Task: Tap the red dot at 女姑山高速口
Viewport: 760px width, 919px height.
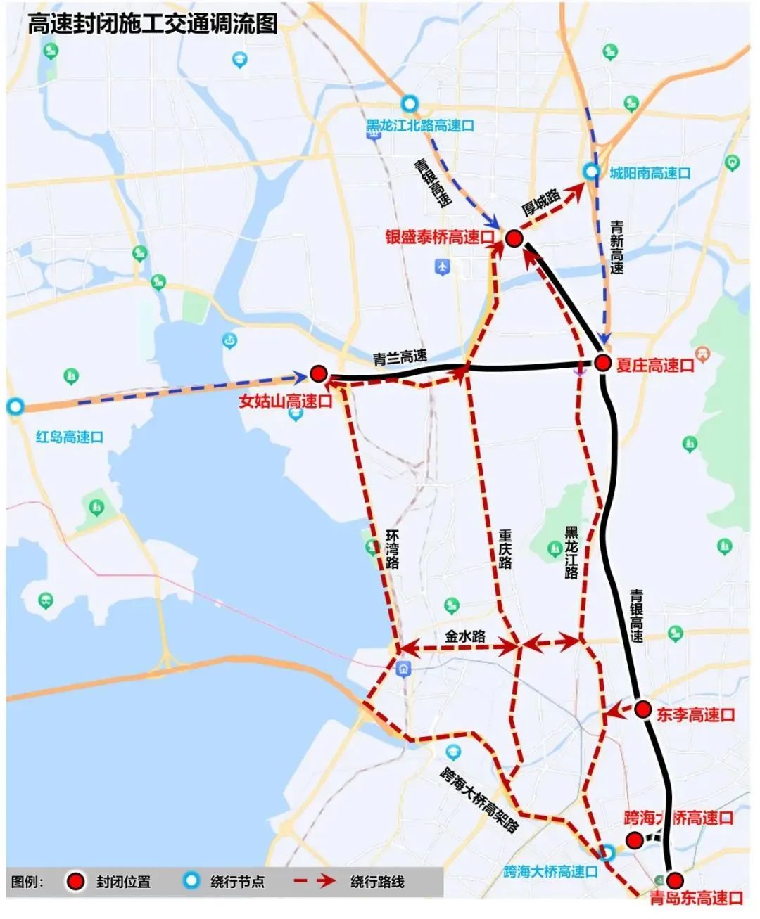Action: (319, 374)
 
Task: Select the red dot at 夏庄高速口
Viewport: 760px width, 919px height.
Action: (602, 363)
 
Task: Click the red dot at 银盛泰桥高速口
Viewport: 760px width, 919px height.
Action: (513, 239)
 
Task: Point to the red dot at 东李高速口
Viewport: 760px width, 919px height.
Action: (642, 709)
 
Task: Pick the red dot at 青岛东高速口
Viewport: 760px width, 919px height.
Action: (675, 880)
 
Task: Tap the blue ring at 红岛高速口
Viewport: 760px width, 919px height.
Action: (15, 406)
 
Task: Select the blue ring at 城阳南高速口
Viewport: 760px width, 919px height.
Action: (591, 172)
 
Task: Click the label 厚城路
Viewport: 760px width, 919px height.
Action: (541, 203)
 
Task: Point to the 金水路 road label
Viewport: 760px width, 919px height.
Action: (465, 636)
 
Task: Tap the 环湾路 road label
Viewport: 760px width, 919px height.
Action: (392, 549)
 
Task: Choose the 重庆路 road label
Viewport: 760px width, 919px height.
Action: (505, 549)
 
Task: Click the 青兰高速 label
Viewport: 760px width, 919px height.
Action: (400, 358)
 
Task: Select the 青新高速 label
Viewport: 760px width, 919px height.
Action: (616, 247)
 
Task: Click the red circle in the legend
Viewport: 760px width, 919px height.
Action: (75, 882)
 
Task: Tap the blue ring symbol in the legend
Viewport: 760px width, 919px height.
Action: (189, 881)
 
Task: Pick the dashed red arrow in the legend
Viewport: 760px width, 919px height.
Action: (313, 882)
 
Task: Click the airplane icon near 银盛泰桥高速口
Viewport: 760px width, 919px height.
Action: (442, 266)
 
